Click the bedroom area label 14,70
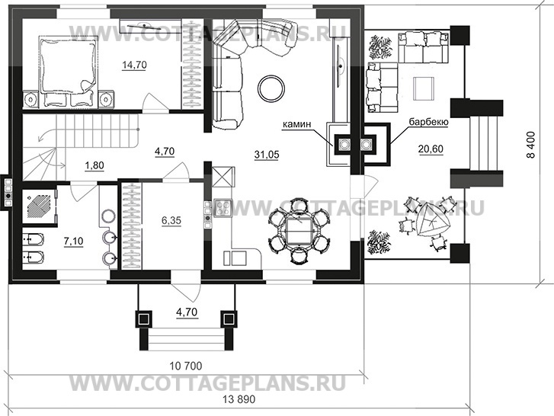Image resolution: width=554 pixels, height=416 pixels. (x=134, y=65)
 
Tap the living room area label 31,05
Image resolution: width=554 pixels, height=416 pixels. (x=267, y=155)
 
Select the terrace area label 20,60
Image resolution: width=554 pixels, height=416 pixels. (x=431, y=149)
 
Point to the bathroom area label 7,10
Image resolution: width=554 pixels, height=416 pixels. (x=73, y=242)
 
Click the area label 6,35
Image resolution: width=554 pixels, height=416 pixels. (x=171, y=220)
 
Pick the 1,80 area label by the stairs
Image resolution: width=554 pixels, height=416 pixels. (x=94, y=165)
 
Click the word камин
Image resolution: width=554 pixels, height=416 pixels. (x=296, y=124)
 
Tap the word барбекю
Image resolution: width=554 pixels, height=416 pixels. (x=429, y=122)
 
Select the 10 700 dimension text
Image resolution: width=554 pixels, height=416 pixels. (x=186, y=366)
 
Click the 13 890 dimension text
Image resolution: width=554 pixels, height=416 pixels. (x=239, y=399)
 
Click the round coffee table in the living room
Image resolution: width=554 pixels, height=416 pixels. (x=271, y=88)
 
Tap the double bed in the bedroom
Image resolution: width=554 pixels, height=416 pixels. (x=68, y=71)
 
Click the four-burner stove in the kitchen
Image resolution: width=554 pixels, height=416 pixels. (x=223, y=208)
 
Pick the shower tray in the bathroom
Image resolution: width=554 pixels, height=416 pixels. (x=40, y=206)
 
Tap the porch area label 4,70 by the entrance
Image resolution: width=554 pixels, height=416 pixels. (x=187, y=312)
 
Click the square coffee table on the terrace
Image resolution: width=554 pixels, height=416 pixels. (x=423, y=88)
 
